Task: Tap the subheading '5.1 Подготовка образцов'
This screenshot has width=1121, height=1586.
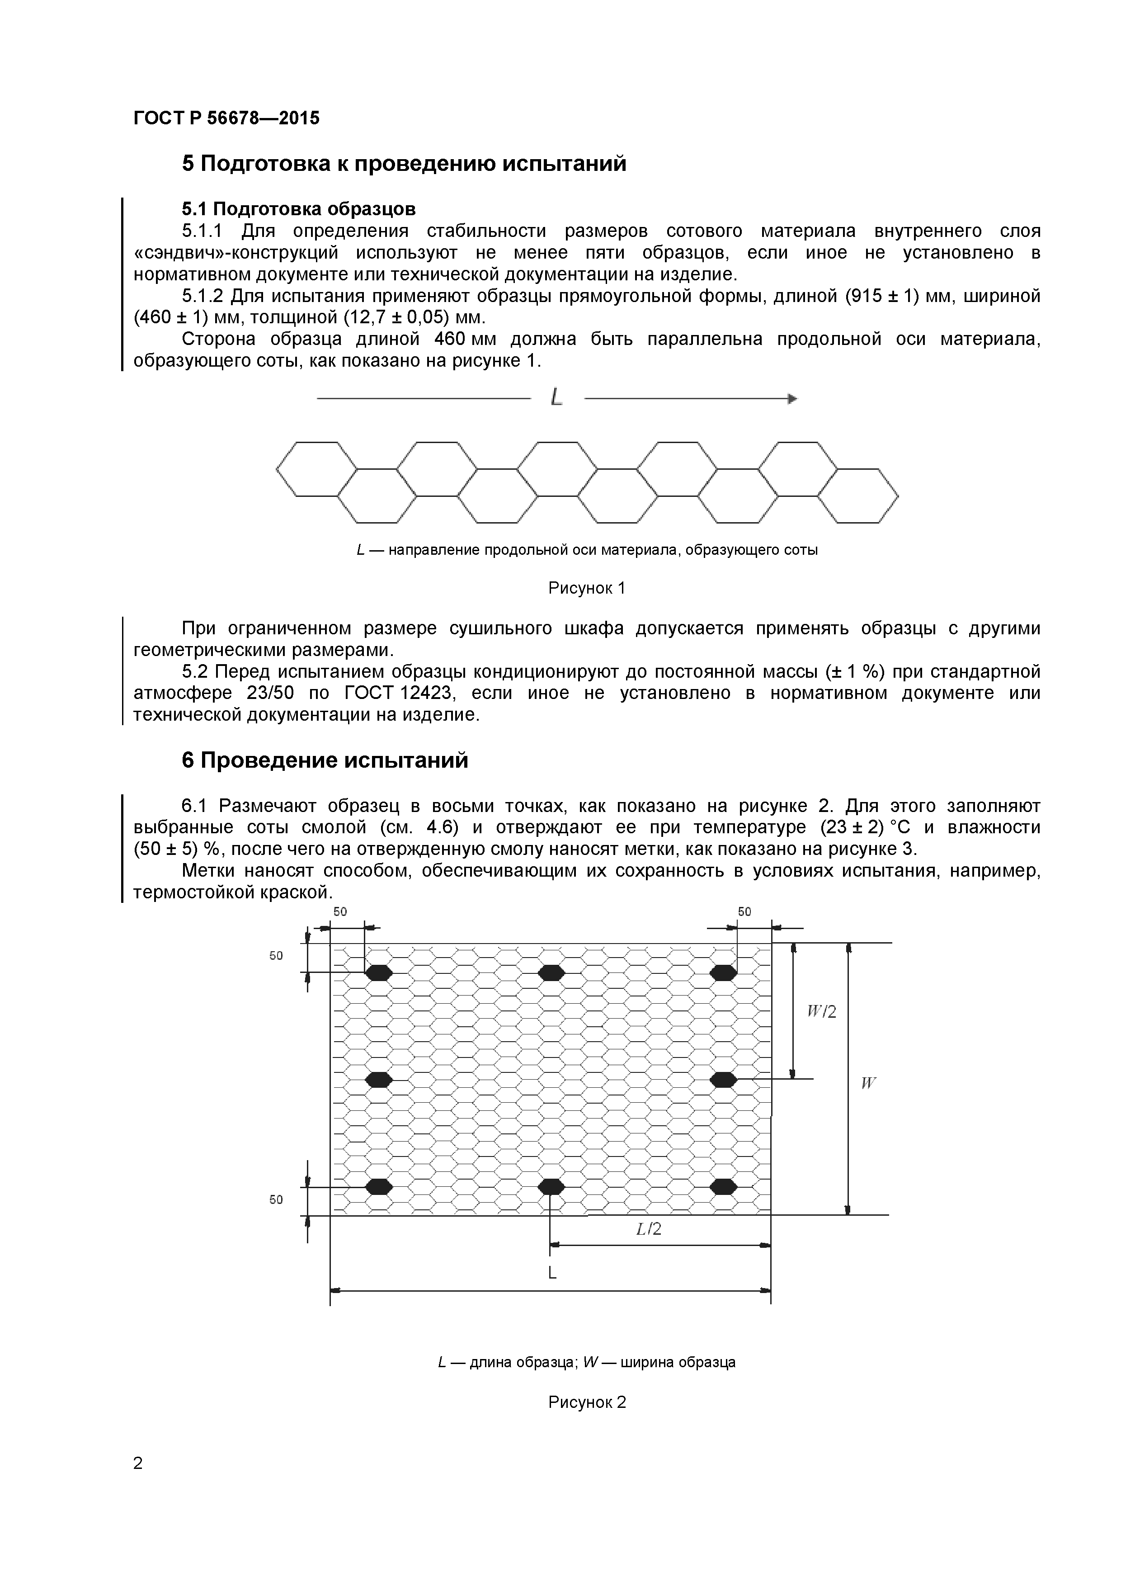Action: click(298, 208)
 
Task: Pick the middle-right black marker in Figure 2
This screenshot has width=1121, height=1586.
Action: click(723, 1079)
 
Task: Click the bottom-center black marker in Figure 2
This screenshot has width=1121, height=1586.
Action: click(551, 1187)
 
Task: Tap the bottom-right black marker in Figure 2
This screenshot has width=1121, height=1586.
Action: click(723, 1187)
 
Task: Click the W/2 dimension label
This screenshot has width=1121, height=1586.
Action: click(822, 1012)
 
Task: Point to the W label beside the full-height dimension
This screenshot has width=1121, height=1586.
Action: click(868, 1083)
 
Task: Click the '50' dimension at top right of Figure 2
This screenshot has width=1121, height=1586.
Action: click(744, 912)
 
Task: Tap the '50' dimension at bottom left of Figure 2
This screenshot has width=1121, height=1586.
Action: click(276, 1200)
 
